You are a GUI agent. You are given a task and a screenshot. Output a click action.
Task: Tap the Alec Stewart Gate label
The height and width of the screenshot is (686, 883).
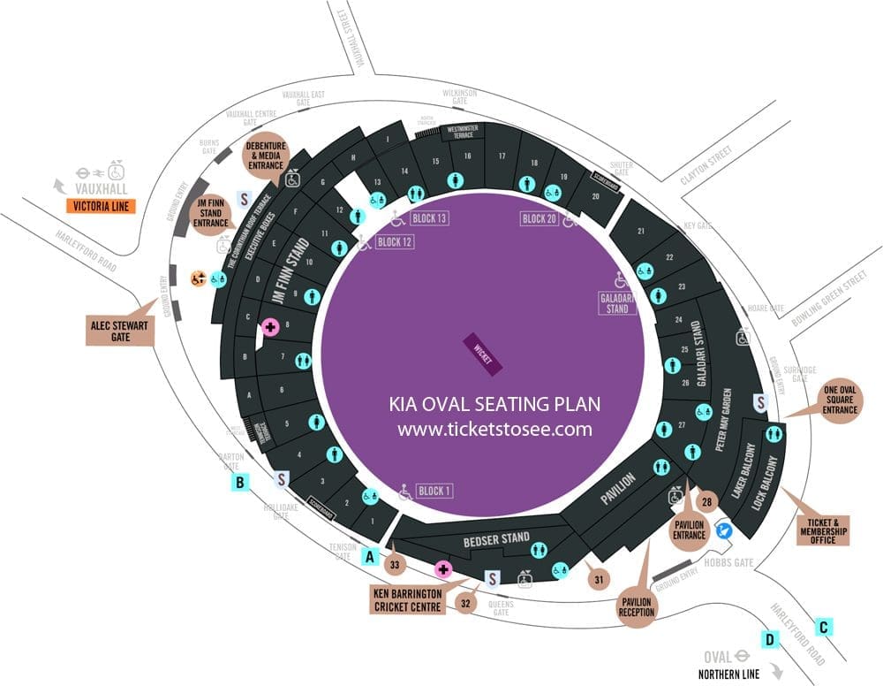(121, 329)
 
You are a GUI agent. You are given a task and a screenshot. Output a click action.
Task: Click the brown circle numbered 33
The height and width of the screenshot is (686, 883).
(395, 563)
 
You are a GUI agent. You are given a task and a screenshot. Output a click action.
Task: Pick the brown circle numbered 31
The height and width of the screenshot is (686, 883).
(599, 579)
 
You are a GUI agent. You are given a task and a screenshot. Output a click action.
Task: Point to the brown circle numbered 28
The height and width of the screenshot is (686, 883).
(706, 502)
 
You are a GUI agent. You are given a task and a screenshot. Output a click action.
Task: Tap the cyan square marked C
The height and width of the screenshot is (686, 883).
(824, 627)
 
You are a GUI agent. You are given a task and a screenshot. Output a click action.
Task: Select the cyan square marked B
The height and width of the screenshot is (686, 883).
(239, 482)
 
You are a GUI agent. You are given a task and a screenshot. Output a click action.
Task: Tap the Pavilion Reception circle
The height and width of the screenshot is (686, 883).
(636, 606)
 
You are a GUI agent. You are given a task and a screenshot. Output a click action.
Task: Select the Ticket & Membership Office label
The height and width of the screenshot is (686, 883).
(822, 528)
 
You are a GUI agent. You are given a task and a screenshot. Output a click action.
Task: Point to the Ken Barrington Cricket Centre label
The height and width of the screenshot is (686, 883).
(407, 600)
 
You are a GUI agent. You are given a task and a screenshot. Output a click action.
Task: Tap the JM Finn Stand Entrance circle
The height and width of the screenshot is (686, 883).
(211, 216)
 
